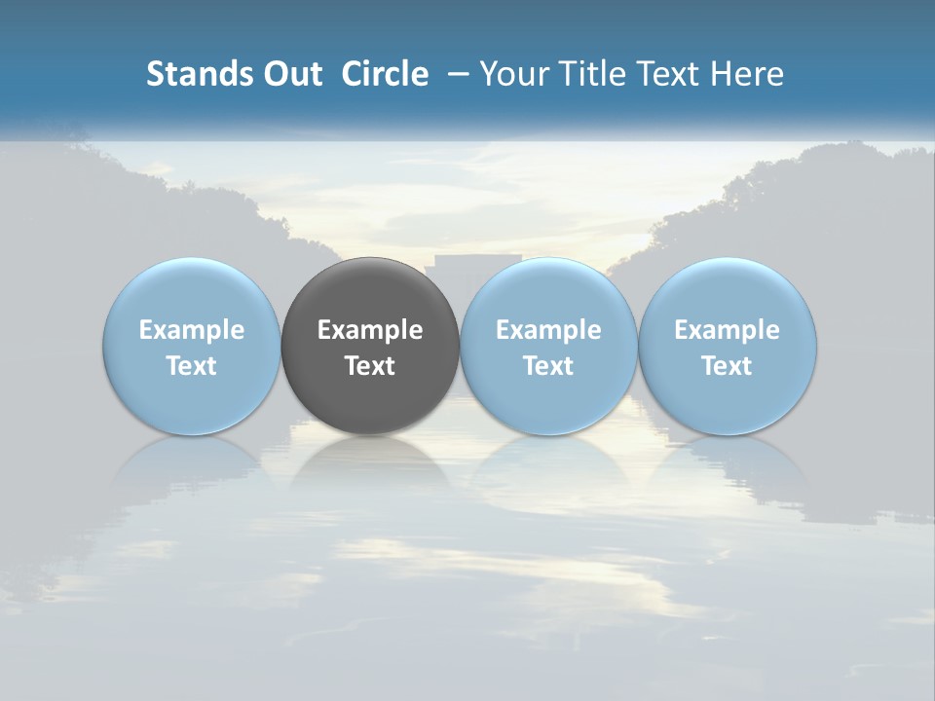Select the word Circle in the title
click(x=385, y=74)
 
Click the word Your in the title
click(x=508, y=74)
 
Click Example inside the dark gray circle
click(x=370, y=330)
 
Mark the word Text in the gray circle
click(x=370, y=366)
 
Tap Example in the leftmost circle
click(x=192, y=330)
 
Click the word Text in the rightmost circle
click(x=728, y=366)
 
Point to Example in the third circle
click(x=548, y=330)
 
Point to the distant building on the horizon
click(x=477, y=265)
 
